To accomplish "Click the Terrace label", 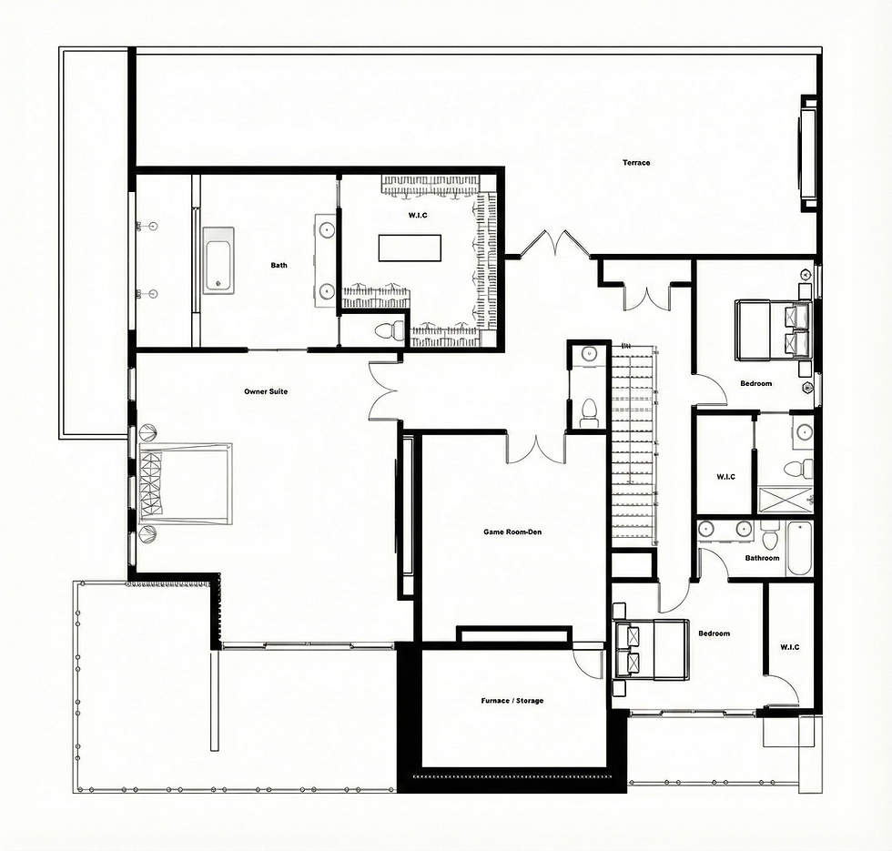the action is [636, 163].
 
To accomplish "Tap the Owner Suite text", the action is [266, 391].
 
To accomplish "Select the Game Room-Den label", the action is [512, 532].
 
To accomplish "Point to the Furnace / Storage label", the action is [512, 700].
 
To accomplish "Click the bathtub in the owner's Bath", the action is [218, 261].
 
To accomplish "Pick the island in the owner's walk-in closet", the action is [410, 248].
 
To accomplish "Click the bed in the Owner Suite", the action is [186, 483].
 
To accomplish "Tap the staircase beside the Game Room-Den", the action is [635, 444].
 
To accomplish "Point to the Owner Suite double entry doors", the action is [384, 391].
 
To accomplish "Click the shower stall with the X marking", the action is [785, 500].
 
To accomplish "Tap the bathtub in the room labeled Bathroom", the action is [799, 548].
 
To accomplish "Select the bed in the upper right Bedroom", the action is [773, 330].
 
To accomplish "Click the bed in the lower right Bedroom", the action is [650, 650].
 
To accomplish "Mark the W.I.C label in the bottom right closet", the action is [790, 647].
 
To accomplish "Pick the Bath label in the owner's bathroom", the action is [279, 265].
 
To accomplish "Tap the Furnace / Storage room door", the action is [587, 664].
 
